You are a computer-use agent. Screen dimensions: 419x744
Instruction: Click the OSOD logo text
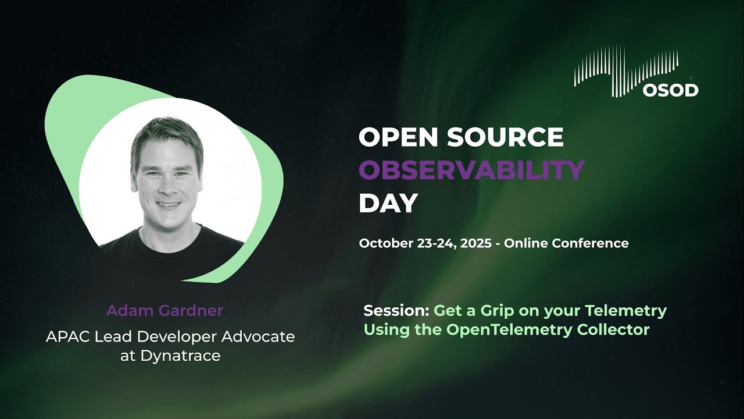click(671, 90)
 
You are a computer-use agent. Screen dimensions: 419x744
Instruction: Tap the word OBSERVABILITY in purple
click(471, 170)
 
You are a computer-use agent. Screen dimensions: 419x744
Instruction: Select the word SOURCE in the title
click(505, 137)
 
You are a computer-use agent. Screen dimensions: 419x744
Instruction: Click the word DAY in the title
click(388, 203)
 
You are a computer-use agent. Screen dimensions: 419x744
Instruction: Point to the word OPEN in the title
click(399, 137)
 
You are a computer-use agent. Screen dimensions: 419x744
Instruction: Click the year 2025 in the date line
click(475, 243)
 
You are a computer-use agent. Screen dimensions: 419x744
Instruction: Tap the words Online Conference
click(566, 243)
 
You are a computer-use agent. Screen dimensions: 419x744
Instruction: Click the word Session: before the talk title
click(396, 311)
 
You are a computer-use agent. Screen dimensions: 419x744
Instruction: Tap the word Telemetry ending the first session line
click(625, 311)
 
